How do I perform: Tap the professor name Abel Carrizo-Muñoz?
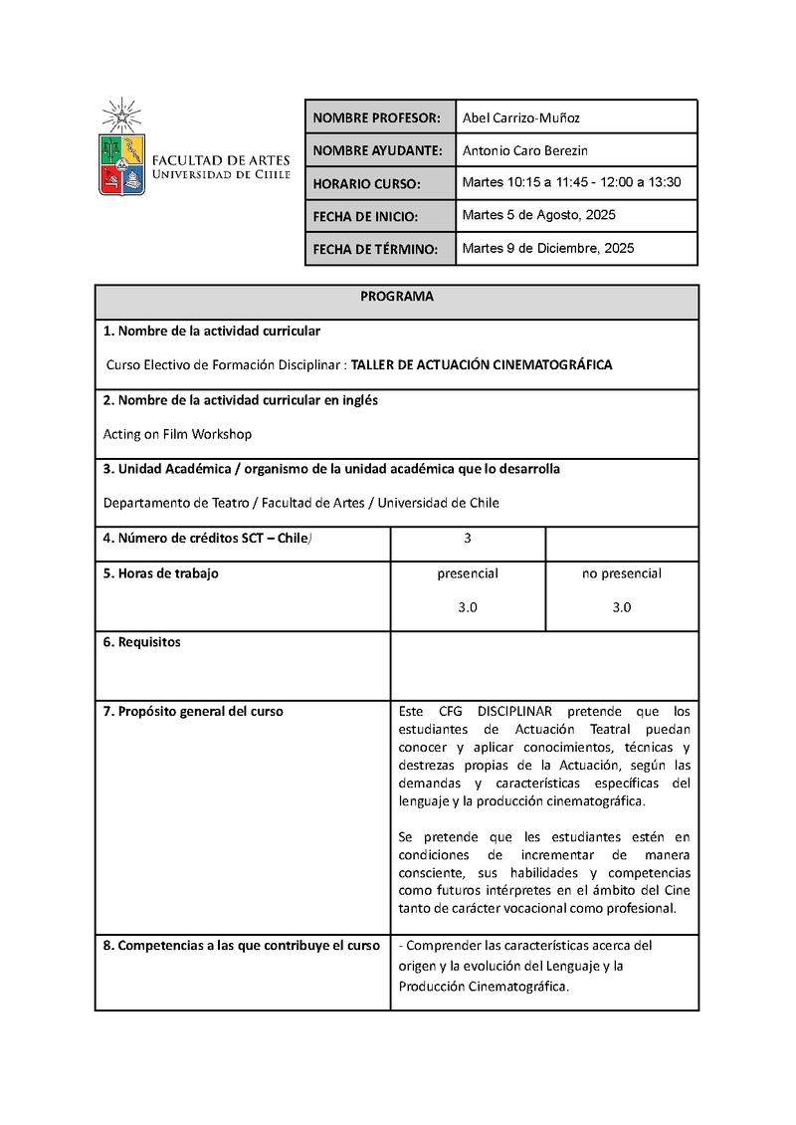point(520,117)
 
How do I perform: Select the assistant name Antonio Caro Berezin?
point(533,150)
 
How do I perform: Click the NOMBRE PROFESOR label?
point(376,118)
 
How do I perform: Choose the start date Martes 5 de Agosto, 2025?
point(539,215)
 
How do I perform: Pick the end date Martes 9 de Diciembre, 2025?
point(547,248)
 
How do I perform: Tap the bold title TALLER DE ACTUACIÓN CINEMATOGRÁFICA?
point(482,365)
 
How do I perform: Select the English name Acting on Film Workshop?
point(177,434)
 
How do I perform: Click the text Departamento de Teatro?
point(168,503)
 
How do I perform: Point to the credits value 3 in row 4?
point(468,539)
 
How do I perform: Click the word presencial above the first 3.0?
point(468,573)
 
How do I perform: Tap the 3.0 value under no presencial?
point(622,607)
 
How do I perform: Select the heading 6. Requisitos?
point(142,642)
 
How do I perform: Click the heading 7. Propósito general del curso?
point(193,711)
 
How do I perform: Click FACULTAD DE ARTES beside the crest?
point(220,159)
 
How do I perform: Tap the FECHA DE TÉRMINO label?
point(374,250)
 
